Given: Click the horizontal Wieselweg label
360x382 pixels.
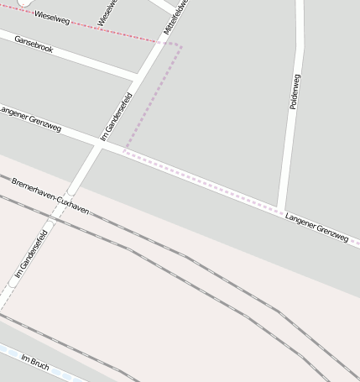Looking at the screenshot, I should coord(52,18).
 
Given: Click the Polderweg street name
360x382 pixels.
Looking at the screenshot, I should coord(294,91).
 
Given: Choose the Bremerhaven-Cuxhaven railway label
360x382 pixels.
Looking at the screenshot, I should coord(50,195).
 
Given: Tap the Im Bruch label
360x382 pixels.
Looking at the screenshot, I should coord(35,363).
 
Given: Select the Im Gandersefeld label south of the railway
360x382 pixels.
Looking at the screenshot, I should coord(30,254).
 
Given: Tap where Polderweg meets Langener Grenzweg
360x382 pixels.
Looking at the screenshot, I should coord(281,209).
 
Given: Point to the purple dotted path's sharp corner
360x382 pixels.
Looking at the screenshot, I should coord(179,45).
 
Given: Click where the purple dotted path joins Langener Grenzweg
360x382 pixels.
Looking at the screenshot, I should coord(124,152).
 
